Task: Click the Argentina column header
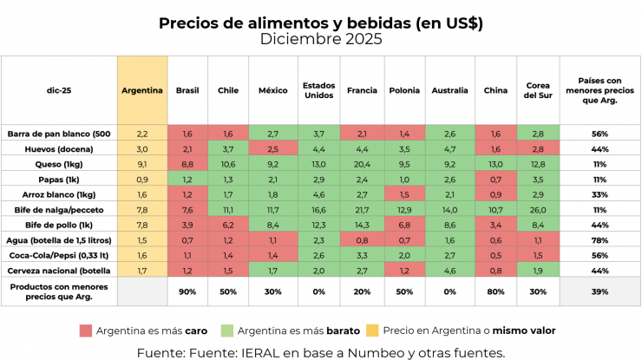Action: (142, 90)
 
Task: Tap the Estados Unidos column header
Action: (318, 90)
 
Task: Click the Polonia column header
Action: (404, 90)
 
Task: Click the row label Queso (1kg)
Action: (35, 164)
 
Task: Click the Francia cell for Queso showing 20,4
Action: (362, 164)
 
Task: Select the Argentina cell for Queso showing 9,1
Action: (142, 164)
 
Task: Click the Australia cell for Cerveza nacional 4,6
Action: (449, 269)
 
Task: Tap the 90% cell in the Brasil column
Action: (187, 291)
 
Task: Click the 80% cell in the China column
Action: (495, 291)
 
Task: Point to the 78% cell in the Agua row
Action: (599, 239)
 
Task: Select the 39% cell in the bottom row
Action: (599, 291)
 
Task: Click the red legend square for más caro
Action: (85, 331)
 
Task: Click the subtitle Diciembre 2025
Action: (320, 39)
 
